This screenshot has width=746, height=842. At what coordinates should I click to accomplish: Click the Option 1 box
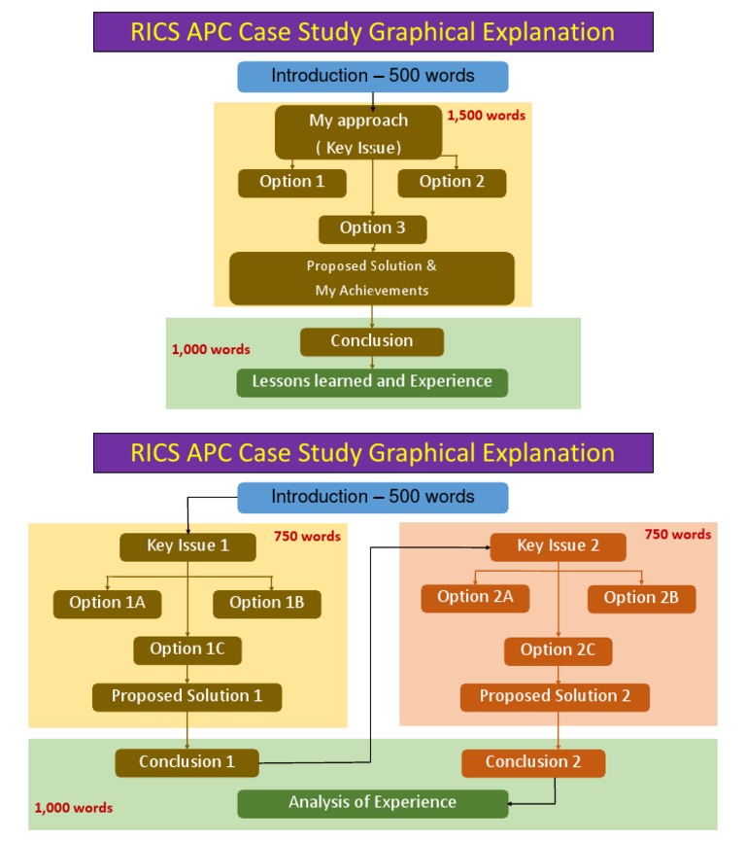coord(291,182)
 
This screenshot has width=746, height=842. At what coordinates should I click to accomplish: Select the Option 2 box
coord(452,182)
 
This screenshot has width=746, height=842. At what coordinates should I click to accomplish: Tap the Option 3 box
coord(372,228)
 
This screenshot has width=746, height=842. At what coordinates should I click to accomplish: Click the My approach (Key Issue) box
coord(359,133)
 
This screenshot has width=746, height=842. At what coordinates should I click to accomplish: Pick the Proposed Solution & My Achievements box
coord(372,278)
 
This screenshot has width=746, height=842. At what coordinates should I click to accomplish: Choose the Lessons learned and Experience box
coord(372,381)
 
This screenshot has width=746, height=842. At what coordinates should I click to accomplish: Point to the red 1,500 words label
coord(486,115)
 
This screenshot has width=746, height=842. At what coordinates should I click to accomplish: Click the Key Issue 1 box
coord(187,546)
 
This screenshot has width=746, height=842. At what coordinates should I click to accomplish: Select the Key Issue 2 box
coord(558,546)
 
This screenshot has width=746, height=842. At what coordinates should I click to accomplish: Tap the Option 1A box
coord(107,603)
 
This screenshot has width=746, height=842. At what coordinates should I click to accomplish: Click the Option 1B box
coord(267,603)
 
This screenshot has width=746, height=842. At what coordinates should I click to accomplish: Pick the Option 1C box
coord(187,649)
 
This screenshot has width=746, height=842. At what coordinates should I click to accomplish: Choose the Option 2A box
coord(475,598)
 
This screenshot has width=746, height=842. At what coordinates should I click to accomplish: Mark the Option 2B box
coord(641,598)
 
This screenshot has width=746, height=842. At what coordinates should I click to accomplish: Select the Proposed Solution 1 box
coord(187,696)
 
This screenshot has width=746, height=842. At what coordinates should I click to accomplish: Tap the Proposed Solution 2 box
coord(555,696)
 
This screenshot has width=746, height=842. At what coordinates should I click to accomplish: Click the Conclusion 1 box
coord(187,762)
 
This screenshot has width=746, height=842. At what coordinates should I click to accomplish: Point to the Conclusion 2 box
coord(533,762)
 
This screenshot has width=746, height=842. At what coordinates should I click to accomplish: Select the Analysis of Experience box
coord(372,803)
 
